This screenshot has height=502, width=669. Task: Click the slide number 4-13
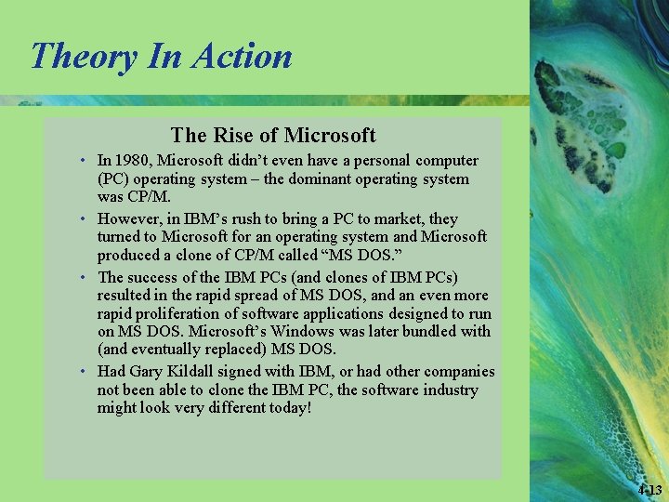tap(650, 490)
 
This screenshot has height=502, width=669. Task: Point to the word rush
tap(249, 219)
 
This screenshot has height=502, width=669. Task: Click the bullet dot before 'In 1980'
tap(84, 161)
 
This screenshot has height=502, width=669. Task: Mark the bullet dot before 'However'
tap(84, 219)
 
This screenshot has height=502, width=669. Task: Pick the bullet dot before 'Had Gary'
tap(84, 372)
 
